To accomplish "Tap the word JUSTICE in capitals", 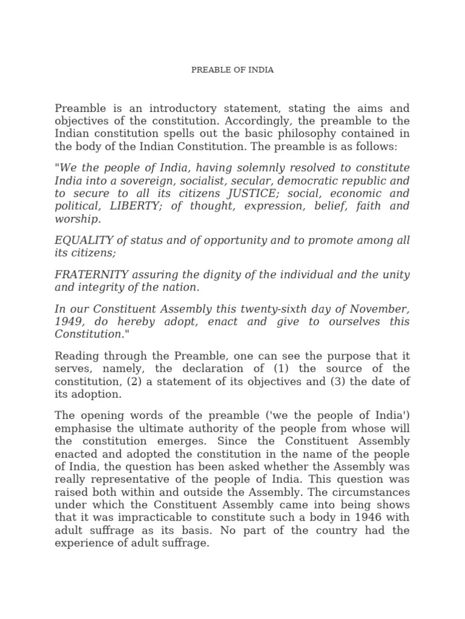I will [243, 193].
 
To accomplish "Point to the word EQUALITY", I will [81, 241].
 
